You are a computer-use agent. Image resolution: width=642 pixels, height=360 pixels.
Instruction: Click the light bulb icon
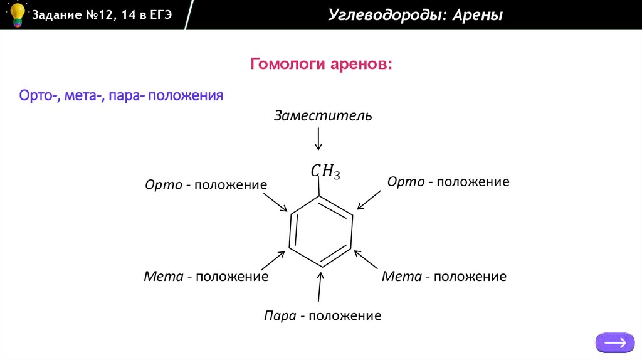tap(16, 14)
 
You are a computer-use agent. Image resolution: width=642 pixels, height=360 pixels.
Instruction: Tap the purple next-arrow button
tap(614, 342)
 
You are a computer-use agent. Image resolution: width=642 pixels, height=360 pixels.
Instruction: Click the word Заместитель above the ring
tap(323, 116)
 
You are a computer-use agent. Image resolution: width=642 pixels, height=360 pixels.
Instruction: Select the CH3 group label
tap(325, 171)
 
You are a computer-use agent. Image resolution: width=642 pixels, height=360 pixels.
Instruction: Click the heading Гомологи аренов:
tap(321, 65)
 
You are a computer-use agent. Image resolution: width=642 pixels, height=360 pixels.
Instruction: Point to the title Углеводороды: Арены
tap(415, 15)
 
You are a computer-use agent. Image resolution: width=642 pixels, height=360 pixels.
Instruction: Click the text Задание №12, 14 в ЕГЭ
tap(102, 14)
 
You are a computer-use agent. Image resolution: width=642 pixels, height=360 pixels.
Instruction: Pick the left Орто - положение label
tap(206, 185)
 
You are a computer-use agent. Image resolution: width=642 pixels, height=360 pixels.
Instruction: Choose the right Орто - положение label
tap(448, 182)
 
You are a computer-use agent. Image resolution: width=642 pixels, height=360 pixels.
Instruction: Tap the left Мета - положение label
tap(206, 276)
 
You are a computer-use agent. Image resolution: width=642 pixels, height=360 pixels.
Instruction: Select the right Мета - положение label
tap(444, 276)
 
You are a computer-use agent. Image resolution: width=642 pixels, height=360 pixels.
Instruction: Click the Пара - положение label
tap(322, 315)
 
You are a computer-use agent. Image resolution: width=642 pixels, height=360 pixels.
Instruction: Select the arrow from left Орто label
tap(275, 203)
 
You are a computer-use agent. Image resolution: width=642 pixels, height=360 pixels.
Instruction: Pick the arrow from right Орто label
tap(369, 199)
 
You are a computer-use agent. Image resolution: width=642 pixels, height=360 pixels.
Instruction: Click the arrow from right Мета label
tap(367, 259)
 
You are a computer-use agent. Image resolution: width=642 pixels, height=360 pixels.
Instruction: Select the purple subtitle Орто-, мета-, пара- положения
tap(121, 96)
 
